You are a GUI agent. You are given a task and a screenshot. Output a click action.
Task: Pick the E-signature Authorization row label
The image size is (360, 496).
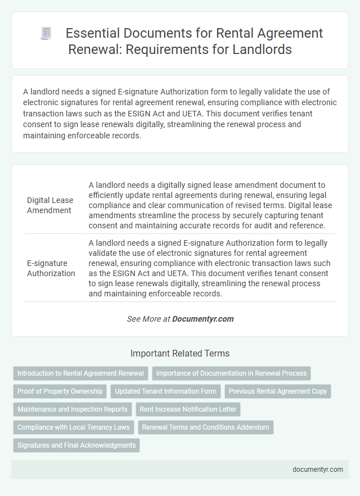(x=51, y=268)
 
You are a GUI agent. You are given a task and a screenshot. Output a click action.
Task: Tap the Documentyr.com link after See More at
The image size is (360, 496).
(x=202, y=319)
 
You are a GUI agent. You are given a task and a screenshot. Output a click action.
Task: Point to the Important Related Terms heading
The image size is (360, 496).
(x=180, y=354)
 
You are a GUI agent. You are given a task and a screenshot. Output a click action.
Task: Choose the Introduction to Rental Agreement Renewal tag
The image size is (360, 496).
(x=80, y=373)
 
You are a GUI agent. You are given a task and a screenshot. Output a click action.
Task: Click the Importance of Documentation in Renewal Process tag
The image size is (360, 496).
(x=231, y=373)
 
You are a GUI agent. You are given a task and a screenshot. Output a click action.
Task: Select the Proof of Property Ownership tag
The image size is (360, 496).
(x=60, y=391)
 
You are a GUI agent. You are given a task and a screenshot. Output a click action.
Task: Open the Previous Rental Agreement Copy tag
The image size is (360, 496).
(x=278, y=391)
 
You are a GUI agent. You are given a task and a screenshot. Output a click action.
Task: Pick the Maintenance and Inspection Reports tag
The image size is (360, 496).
(x=73, y=409)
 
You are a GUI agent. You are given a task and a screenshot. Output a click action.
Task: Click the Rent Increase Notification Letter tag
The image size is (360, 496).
(x=188, y=409)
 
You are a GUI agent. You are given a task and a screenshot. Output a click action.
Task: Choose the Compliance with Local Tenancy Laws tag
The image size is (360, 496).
(x=74, y=427)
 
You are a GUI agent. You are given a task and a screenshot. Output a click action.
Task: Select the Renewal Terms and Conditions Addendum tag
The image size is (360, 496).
(x=205, y=427)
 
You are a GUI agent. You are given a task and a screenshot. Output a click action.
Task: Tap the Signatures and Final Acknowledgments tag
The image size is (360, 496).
(x=76, y=445)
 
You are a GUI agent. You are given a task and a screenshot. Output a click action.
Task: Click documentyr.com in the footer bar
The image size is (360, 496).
(x=318, y=470)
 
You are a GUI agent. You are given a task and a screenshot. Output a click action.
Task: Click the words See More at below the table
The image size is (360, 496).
(x=148, y=319)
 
